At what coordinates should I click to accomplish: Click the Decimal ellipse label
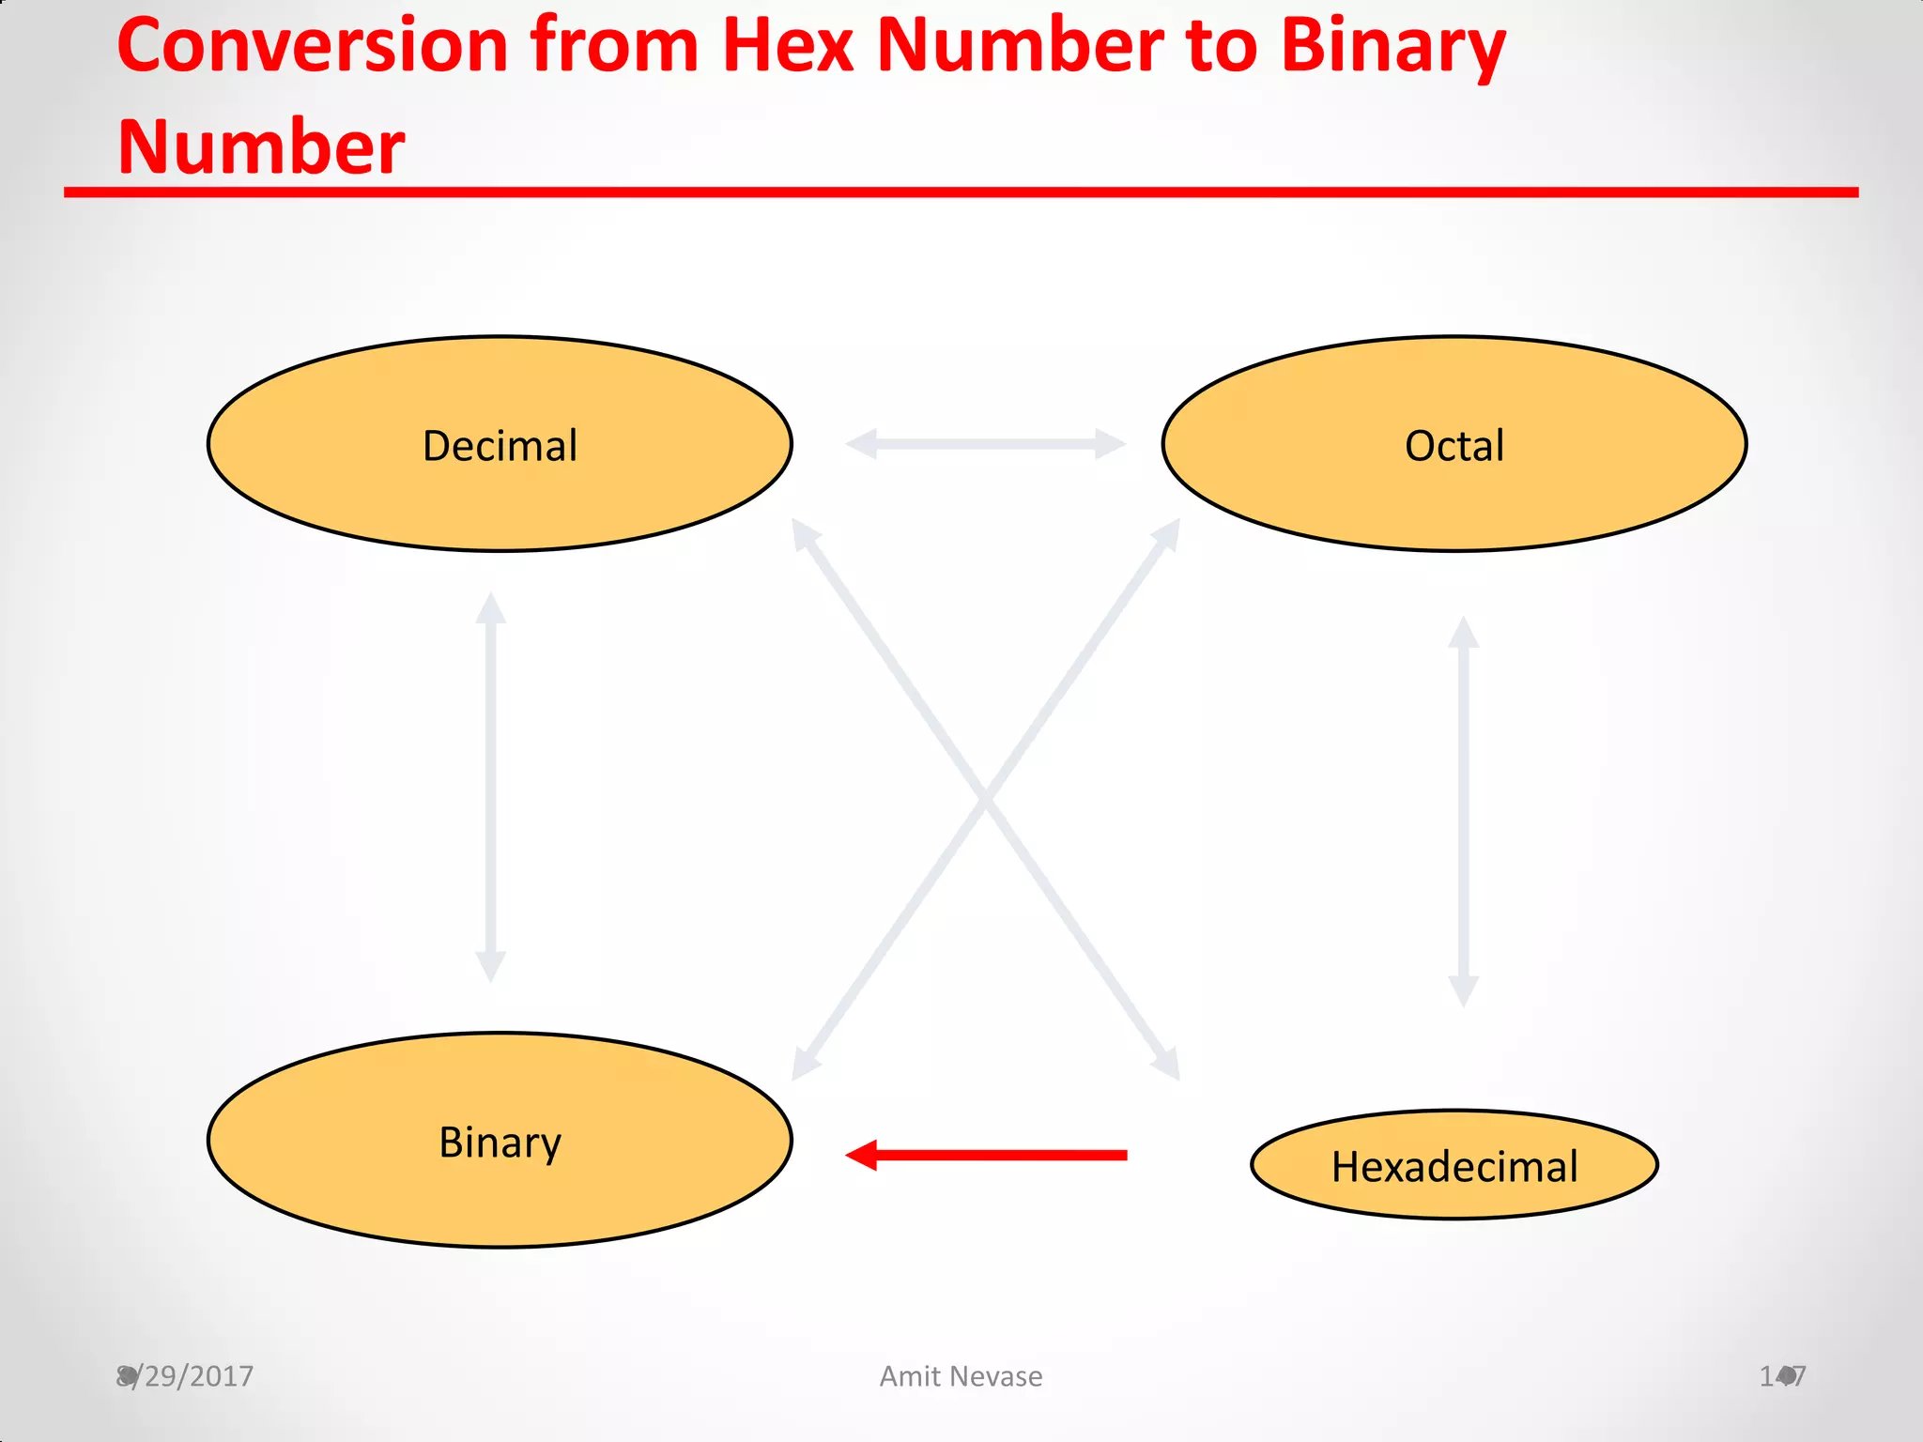(x=500, y=445)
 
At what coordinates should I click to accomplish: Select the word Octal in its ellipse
(x=1454, y=445)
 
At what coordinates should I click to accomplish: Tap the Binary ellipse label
(x=500, y=1142)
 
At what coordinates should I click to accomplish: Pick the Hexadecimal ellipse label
(x=1454, y=1167)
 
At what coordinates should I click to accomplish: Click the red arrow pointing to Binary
(x=995, y=1155)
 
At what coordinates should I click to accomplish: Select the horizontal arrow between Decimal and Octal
(x=985, y=443)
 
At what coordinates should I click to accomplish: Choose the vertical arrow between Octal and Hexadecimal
(x=1463, y=811)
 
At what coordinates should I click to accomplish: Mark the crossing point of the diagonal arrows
(x=985, y=799)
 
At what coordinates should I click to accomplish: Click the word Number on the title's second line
(x=261, y=146)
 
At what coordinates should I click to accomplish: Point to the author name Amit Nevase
(x=961, y=1376)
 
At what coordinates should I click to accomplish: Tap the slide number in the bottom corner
(x=1782, y=1376)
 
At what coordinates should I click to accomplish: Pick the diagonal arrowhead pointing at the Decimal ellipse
(x=804, y=533)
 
